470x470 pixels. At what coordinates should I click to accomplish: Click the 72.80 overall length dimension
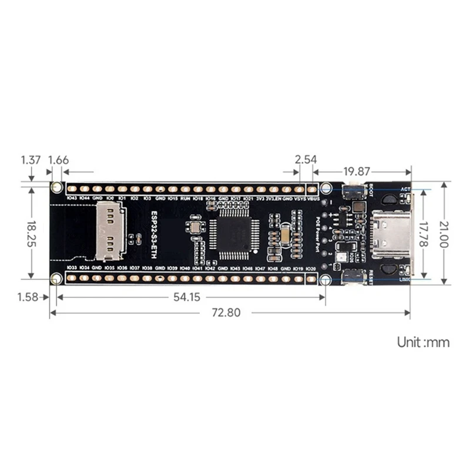(226, 313)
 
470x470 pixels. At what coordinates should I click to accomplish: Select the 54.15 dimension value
(187, 297)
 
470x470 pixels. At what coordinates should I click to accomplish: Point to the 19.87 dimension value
(357, 172)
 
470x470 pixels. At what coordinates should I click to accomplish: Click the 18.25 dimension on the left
(30, 233)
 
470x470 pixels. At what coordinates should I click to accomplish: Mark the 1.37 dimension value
(31, 160)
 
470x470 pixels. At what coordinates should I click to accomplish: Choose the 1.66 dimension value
(59, 160)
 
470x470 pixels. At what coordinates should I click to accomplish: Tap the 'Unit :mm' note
(423, 342)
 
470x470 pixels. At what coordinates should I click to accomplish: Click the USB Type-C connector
(391, 233)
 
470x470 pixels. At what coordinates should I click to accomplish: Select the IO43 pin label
(72, 199)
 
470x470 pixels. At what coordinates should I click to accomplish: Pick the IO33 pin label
(72, 268)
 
